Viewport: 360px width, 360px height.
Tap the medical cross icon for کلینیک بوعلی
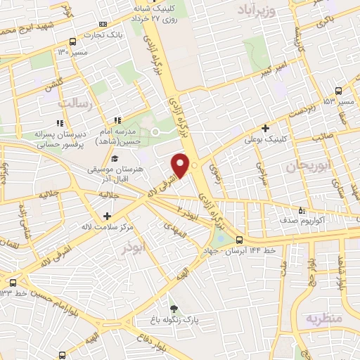click(x=264, y=128)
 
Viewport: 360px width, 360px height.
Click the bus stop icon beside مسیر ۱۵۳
click(x=339, y=91)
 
